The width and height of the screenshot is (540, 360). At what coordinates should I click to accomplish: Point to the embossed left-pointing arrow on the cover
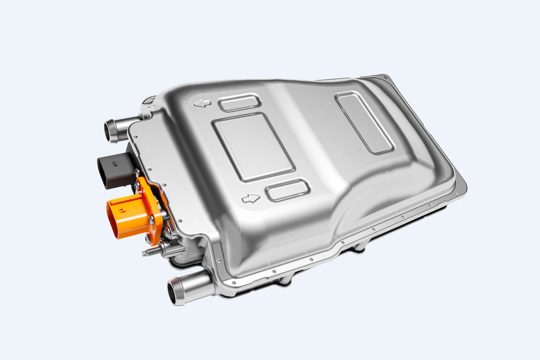pyautogui.click(x=202, y=103)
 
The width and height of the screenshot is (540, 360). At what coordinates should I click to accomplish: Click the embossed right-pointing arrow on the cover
pyautogui.click(x=251, y=198)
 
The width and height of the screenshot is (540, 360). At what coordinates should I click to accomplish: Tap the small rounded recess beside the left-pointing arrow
pyautogui.click(x=239, y=103)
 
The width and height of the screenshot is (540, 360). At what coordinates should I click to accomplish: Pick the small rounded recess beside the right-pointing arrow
pyautogui.click(x=287, y=190)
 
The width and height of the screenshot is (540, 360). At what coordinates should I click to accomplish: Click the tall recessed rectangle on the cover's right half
pyautogui.click(x=365, y=123)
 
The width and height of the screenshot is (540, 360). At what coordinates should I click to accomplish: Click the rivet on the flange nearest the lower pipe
pyautogui.click(x=219, y=261)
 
